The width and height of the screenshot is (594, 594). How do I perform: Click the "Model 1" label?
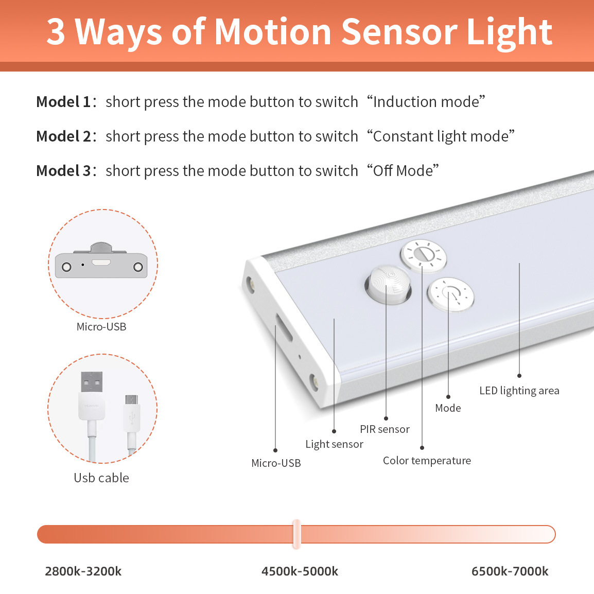pos(64,102)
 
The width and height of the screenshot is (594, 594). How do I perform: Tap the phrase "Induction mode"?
pos(426,102)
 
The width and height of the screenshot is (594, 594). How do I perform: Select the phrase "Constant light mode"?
pos(441,136)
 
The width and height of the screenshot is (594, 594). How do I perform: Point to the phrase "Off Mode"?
pos(403,171)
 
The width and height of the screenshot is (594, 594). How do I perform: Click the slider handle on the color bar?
pos(296,534)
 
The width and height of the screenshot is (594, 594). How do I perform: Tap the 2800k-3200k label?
pos(83,571)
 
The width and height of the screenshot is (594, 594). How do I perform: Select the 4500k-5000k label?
pos(300,571)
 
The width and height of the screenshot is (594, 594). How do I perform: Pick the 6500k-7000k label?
pos(510,571)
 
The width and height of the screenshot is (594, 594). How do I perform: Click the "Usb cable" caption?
pos(101,478)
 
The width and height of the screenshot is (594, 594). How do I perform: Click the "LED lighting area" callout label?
pos(519,391)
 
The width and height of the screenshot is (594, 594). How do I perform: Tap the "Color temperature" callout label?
pos(427,461)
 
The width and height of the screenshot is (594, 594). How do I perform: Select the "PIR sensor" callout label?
pos(385,429)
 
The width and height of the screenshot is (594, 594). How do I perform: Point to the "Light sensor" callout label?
pos(335,444)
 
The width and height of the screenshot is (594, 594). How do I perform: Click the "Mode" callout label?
pos(448,408)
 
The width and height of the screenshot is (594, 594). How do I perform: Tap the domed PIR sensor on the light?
pos(388,285)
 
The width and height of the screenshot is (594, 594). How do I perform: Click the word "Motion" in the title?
pos(273,32)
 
